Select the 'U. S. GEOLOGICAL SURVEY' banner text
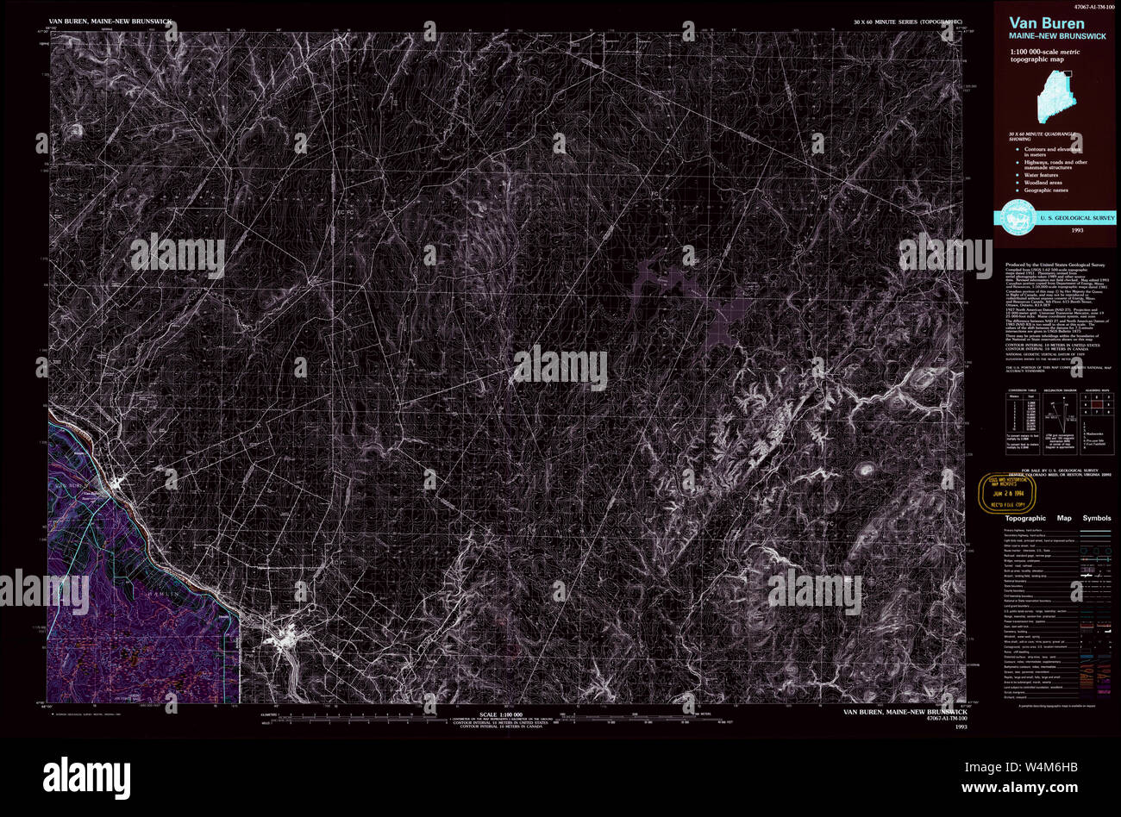click(x=1079, y=218)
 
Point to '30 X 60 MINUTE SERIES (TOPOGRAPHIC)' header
click(x=905, y=20)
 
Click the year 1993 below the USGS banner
click(x=1077, y=231)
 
